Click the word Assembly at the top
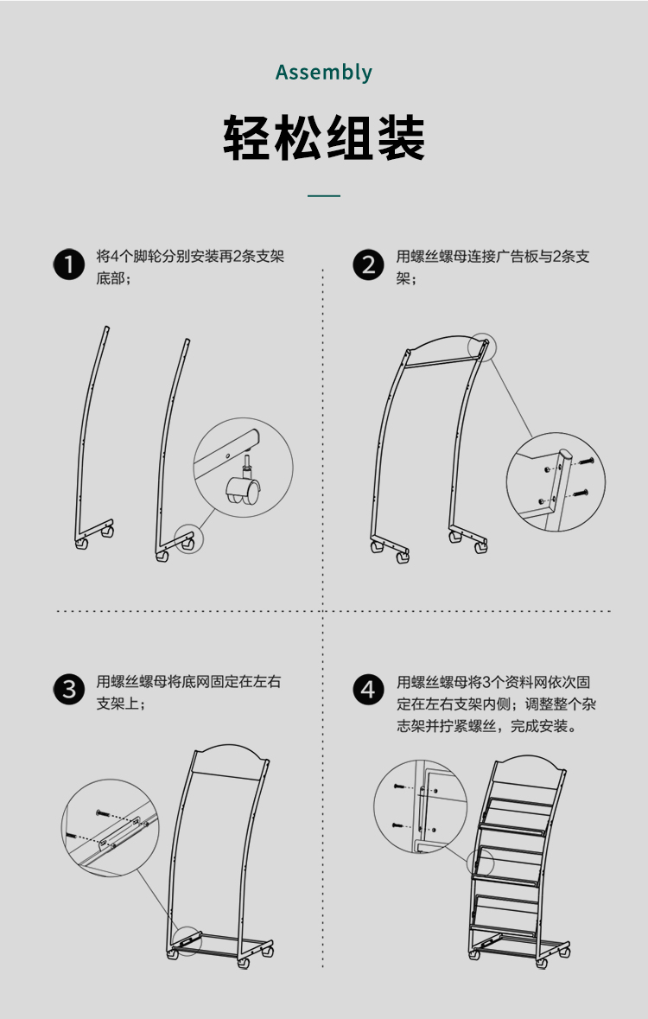point(324,72)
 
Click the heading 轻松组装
point(324,137)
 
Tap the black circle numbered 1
point(69,264)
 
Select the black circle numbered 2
point(369,264)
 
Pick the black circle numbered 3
point(69,689)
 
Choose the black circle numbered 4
point(369,689)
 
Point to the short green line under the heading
point(324,195)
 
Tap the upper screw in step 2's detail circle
point(586,461)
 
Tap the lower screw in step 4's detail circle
point(398,825)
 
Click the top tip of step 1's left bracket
point(107,328)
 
